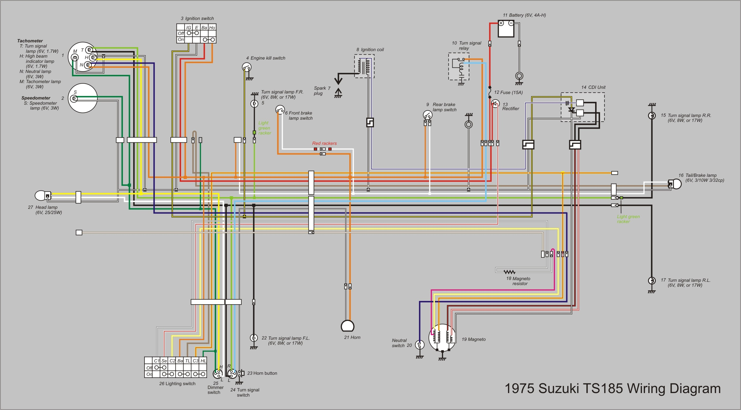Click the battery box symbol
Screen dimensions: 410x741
(x=506, y=28)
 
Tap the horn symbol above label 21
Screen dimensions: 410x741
(x=347, y=326)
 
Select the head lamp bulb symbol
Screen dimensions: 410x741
(x=42, y=196)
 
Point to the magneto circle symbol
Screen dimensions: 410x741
(x=442, y=338)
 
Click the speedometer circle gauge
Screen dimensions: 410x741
(x=83, y=98)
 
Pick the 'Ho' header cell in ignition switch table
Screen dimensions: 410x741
(x=212, y=28)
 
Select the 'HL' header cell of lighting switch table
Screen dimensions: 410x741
(x=203, y=361)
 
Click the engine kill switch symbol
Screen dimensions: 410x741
(x=247, y=67)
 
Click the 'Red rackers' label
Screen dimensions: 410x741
(x=324, y=143)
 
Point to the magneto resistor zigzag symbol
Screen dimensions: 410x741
(x=509, y=272)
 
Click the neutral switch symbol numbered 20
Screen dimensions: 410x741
(x=420, y=345)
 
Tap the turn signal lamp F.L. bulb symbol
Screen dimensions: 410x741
(x=253, y=338)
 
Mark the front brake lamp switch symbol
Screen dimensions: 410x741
(x=280, y=109)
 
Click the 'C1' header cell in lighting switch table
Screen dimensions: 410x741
(x=157, y=361)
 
